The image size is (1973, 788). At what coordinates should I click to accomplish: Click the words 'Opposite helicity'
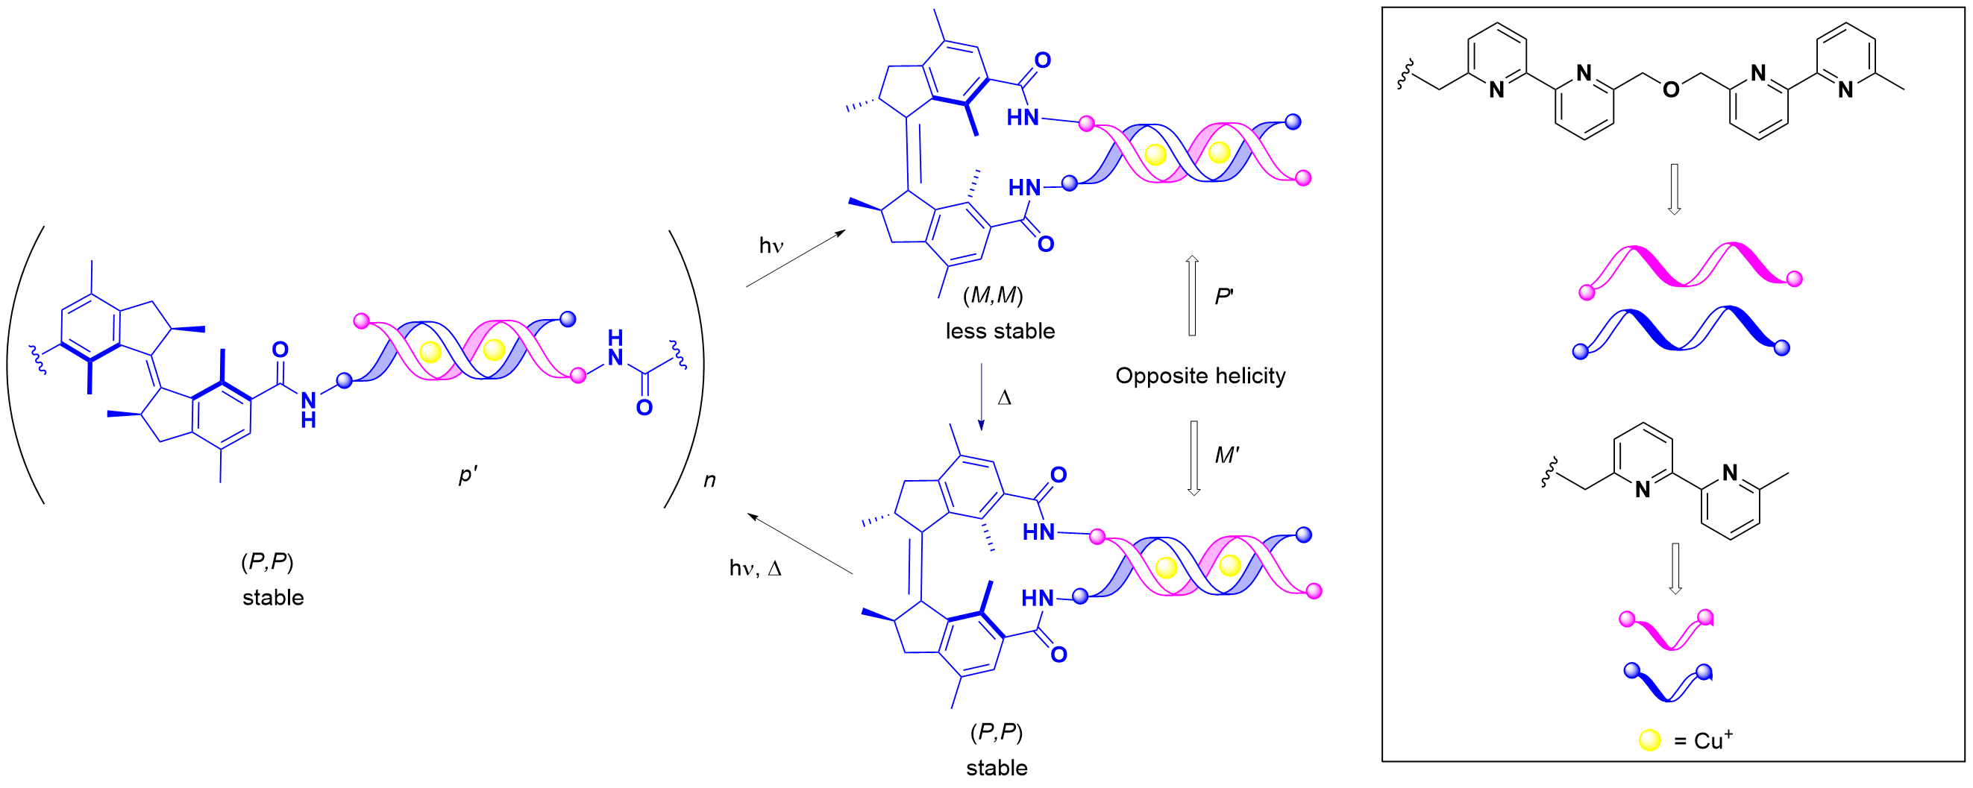(x=1199, y=376)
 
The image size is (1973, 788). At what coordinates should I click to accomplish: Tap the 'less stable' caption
(x=1000, y=332)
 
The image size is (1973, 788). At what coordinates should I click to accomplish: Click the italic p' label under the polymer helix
(x=467, y=476)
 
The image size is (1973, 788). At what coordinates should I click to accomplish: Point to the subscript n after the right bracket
(x=709, y=480)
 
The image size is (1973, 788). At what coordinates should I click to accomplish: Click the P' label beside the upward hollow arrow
(x=1223, y=297)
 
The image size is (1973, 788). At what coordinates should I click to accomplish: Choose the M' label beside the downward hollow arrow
(x=1226, y=456)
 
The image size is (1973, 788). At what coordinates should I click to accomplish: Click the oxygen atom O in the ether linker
(x=1671, y=90)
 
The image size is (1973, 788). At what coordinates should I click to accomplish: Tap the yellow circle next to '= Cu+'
(x=1649, y=740)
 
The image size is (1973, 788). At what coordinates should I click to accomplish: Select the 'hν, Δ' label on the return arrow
(x=755, y=568)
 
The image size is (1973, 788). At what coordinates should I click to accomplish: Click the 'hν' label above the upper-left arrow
(x=771, y=246)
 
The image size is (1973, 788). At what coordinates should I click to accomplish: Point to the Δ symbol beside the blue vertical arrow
(x=1004, y=398)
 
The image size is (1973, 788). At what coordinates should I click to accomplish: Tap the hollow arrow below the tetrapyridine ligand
(x=1674, y=189)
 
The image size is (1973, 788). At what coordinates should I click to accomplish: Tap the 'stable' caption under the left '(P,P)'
(x=273, y=598)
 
